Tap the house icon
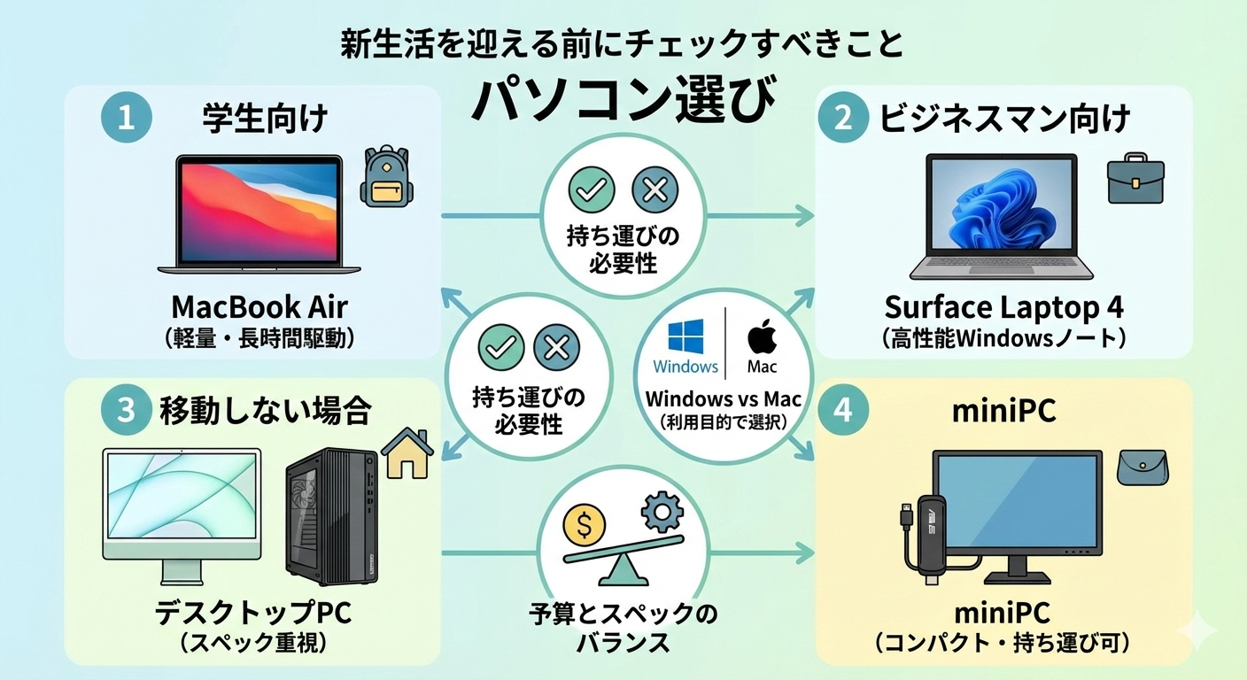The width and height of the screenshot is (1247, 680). point(407,453)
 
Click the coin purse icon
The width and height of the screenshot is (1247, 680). point(1142,466)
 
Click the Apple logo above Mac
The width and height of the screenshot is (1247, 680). point(762,337)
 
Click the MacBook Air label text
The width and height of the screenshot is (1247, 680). point(259,307)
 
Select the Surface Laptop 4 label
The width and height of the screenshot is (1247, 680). point(1003,307)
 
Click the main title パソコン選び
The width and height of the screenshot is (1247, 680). point(623,97)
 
